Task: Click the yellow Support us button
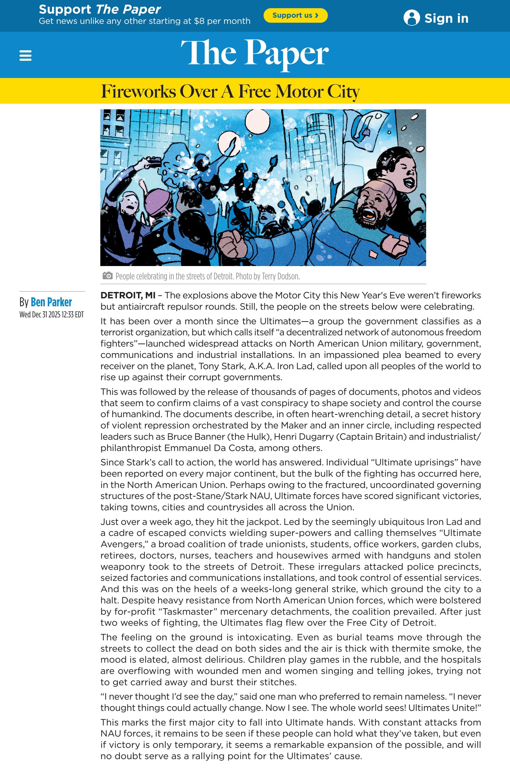295,15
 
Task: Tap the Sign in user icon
411,18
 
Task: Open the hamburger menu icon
25,55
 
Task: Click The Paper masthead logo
254,53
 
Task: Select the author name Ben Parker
51,302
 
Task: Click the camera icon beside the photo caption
107,276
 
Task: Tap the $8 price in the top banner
199,21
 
